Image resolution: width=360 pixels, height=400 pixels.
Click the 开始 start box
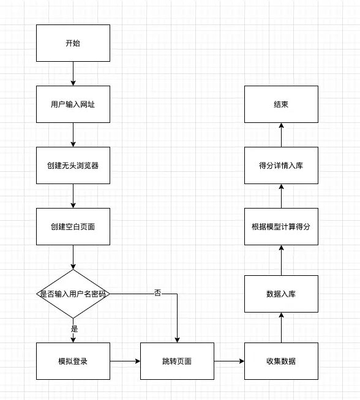pos(73,43)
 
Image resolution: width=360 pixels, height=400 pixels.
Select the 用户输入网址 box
pos(73,105)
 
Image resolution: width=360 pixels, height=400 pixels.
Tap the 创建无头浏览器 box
pos(73,165)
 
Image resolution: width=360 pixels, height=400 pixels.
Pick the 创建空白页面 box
pos(73,226)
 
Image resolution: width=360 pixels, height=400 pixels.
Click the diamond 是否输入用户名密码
pos(73,294)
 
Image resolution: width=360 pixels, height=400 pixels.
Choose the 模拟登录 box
pos(73,361)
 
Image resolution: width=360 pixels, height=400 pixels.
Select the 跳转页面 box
pos(177,361)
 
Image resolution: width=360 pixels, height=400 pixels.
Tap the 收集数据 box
pos(282,361)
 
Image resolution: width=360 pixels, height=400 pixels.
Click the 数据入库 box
pos(282,294)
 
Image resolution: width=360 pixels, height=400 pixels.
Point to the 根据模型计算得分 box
pos(282,226)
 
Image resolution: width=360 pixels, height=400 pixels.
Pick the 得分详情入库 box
pos(282,165)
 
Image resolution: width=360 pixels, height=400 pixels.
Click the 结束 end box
pos(282,105)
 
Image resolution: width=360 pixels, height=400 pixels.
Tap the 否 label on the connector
pos(158,292)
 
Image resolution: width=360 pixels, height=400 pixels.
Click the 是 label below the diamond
pos(74,329)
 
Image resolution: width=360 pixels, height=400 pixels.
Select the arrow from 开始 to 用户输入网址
pos(73,74)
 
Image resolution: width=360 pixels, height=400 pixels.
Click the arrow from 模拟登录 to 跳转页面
pos(125,361)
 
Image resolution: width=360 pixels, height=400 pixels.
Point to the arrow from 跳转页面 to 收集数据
pos(229,361)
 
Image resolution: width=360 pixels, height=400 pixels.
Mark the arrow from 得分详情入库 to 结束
pos(282,135)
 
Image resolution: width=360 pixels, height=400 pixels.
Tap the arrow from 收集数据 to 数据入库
pos(282,328)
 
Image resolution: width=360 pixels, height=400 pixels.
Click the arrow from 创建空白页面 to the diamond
pos(73,257)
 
